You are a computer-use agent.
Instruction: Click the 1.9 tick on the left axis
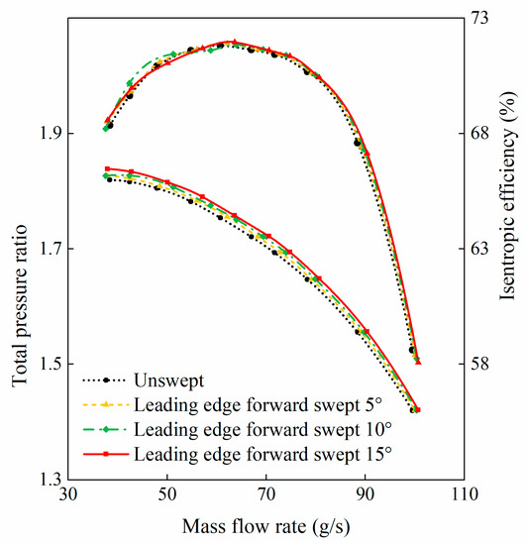coord(49,134)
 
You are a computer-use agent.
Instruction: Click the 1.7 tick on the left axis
coord(49,249)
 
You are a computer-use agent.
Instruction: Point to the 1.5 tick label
coord(49,364)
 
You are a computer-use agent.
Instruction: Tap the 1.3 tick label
coord(49,479)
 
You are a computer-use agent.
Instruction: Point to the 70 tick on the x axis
coord(266,494)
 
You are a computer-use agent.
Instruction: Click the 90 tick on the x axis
coord(366,494)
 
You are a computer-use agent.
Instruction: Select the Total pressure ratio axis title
coord(19,249)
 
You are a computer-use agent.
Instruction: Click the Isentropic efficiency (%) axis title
coord(510,249)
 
